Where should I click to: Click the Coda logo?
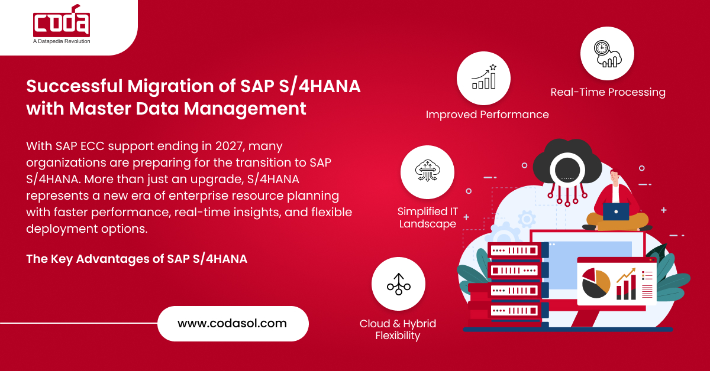click(x=62, y=21)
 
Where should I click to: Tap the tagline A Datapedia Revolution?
click(x=62, y=41)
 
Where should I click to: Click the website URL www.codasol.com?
click(x=232, y=323)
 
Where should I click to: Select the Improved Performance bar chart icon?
click(x=484, y=77)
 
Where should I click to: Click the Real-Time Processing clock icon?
click(x=607, y=54)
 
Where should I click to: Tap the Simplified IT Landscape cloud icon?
click(x=427, y=171)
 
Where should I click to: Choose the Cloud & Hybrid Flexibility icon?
click(x=398, y=284)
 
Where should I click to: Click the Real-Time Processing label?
click(x=608, y=92)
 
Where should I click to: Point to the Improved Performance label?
click(x=487, y=115)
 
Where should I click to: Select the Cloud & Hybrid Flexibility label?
click(x=398, y=330)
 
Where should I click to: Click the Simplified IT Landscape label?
click(x=428, y=217)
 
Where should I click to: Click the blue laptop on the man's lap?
click(x=616, y=211)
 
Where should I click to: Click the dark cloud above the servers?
click(x=567, y=165)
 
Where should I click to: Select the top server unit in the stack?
click(x=514, y=250)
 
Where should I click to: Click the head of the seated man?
click(x=615, y=178)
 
